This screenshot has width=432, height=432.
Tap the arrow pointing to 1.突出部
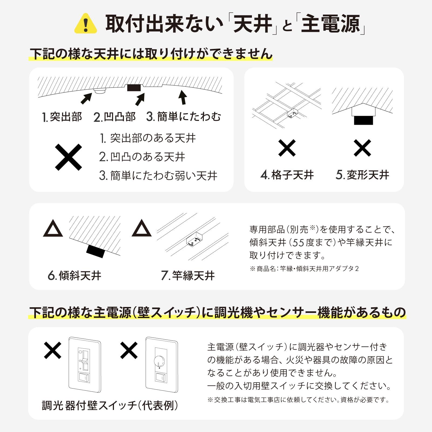pos(86,99)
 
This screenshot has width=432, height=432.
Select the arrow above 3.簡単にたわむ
pos(183,97)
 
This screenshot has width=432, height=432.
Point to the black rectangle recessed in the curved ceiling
pos(134,88)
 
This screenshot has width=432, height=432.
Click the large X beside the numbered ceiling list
pos(68,157)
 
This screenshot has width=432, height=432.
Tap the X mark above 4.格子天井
pos(287,148)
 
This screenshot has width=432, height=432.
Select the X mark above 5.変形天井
pos(362,148)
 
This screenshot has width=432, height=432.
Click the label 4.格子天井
pos(287,175)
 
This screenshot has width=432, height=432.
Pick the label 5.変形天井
pos(362,175)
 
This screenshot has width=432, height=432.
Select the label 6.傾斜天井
pos(74,276)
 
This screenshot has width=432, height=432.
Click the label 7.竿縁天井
pos(188,276)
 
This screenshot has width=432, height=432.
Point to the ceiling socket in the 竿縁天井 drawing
pos(194,239)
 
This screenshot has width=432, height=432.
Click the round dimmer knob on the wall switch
pos(159,360)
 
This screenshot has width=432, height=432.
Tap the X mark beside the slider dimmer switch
pos(53,350)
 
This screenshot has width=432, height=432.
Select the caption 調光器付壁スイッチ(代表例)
pos(110,405)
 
